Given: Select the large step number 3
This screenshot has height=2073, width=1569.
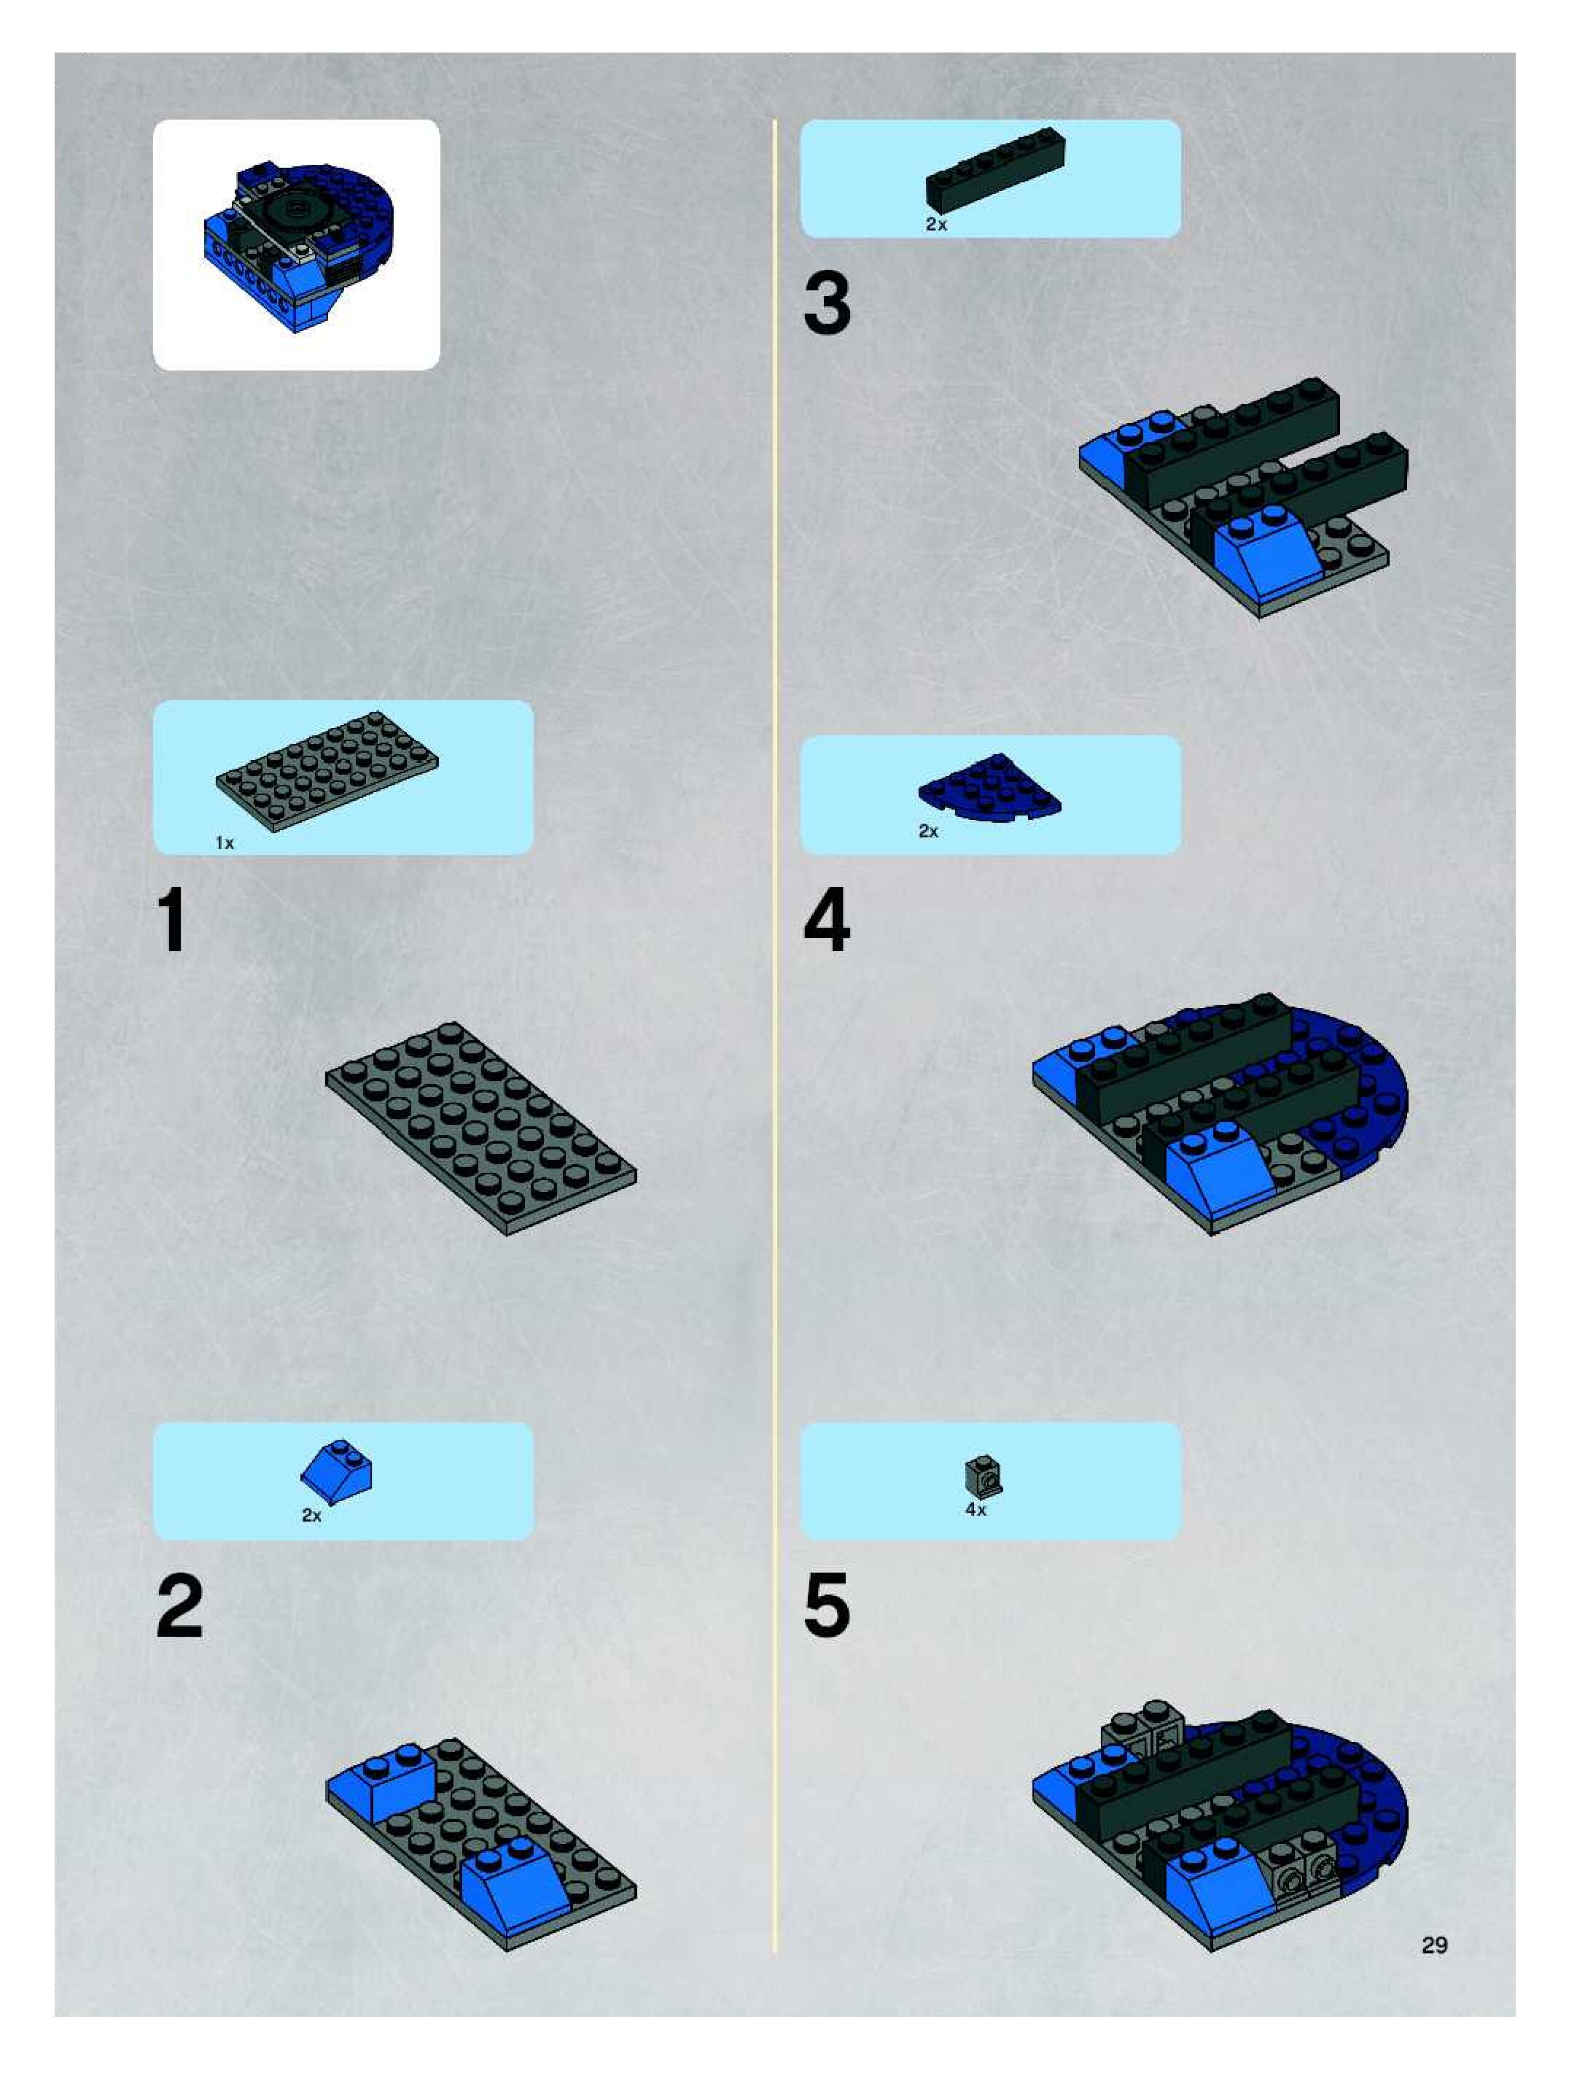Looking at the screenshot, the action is pyautogui.click(x=827, y=303).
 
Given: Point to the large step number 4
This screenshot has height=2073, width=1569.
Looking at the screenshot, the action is pyautogui.click(x=827, y=921).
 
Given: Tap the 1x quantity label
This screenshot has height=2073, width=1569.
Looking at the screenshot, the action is pyautogui.click(x=225, y=842).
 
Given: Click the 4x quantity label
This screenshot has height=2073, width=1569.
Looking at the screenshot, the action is pyautogui.click(x=975, y=1509).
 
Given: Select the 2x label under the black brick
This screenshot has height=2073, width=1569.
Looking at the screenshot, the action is pyautogui.click(x=935, y=224).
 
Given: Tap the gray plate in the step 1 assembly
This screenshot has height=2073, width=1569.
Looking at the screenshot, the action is pyautogui.click(x=480, y=1128).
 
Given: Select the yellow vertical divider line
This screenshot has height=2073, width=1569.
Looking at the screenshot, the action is pyautogui.click(x=775, y=1036).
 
